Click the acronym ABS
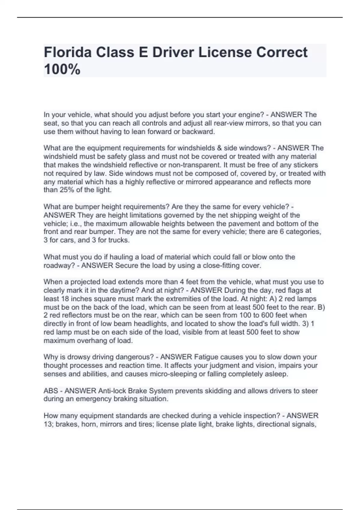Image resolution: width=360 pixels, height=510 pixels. click(51, 391)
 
